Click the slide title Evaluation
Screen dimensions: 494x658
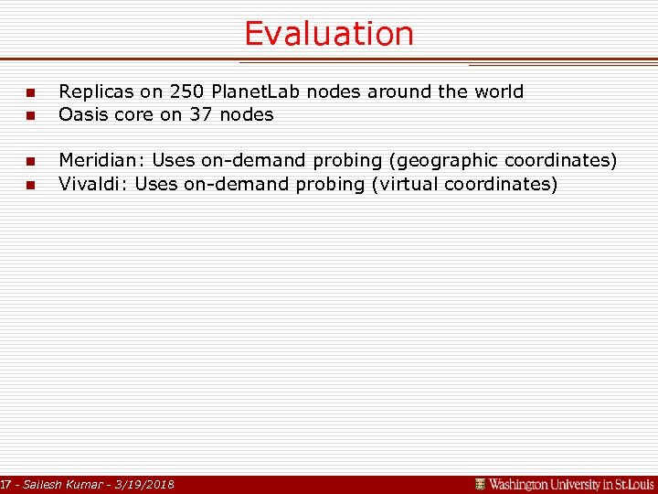328,34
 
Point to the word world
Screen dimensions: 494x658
497,91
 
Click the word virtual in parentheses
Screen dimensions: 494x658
410,184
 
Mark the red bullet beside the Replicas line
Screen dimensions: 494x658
29,93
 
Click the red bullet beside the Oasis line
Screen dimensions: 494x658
29,116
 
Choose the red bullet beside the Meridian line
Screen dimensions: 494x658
29,162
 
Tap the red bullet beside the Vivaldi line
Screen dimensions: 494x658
29,186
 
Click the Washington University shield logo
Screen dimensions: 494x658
480,484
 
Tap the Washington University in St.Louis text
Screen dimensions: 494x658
571,484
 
